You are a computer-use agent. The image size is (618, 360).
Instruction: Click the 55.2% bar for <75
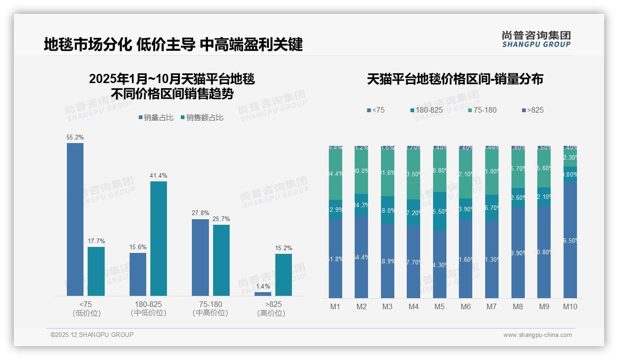point(75,219)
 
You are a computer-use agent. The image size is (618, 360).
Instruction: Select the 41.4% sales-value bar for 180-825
point(159,238)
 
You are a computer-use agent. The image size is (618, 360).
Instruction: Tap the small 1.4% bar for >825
point(263,294)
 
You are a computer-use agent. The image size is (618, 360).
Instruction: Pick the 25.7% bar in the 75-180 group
point(221,260)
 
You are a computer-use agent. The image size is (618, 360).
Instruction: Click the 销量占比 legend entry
point(156,118)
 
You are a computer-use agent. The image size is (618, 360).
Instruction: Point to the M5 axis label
point(440,306)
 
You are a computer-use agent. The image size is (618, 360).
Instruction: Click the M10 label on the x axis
point(570,306)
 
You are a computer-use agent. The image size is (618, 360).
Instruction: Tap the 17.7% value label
point(96,241)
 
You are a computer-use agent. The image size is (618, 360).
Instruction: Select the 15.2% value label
point(283,248)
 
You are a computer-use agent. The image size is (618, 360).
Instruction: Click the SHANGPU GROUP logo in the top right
point(536,39)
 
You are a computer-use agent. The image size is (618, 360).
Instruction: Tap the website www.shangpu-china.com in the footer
point(537,335)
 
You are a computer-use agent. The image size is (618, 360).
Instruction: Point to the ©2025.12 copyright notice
point(92,335)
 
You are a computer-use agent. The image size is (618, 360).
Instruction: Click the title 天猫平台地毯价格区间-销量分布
point(455,79)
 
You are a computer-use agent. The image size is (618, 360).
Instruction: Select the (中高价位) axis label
point(210,313)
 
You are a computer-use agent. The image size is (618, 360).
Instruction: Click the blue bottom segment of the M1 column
point(335,258)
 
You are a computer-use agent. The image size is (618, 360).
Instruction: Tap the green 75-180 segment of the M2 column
point(361,171)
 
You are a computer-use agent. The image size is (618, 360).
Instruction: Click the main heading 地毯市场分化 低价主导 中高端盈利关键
point(173,44)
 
